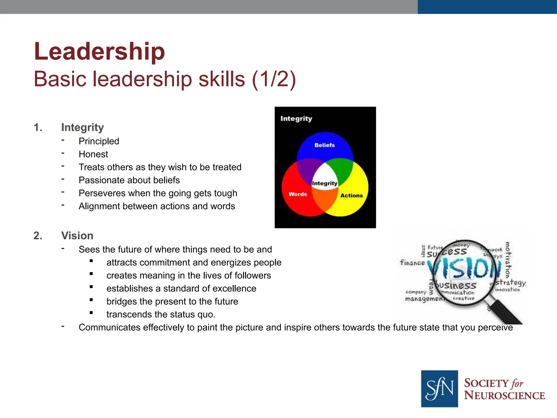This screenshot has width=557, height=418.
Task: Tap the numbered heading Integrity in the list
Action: pyautogui.click(x=82, y=127)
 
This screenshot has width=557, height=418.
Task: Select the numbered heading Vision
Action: pyautogui.click(x=77, y=236)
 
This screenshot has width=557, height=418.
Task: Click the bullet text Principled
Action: pyautogui.click(x=99, y=141)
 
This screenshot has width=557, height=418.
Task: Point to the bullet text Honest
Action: pyautogui.click(x=93, y=154)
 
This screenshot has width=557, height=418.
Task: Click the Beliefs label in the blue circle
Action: pyautogui.click(x=324, y=145)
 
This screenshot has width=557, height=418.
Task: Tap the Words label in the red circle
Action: pyautogui.click(x=298, y=194)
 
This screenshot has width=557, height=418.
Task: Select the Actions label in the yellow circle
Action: pyautogui.click(x=351, y=195)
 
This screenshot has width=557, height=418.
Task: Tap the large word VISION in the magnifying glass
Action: pyautogui.click(x=464, y=268)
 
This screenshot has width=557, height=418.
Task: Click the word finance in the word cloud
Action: pyautogui.click(x=412, y=263)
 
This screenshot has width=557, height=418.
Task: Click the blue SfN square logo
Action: pyautogui.click(x=439, y=388)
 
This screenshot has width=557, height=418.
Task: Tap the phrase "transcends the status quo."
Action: pyautogui.click(x=161, y=314)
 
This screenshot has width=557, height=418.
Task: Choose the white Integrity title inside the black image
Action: pyautogui.click(x=296, y=119)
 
